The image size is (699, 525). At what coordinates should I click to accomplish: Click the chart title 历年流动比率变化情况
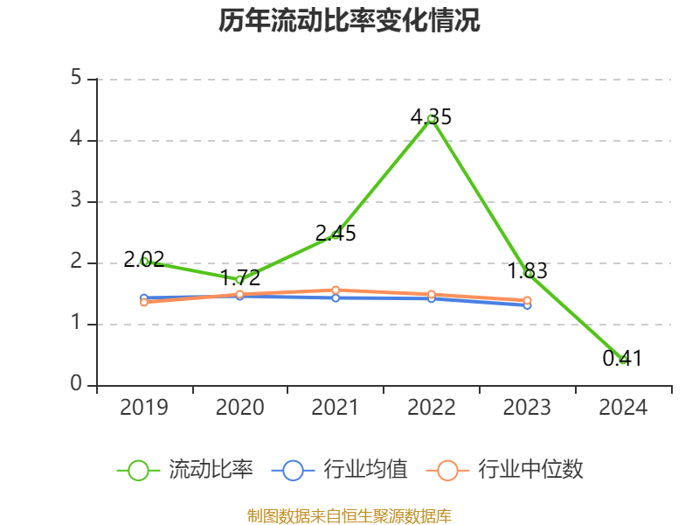(x=349, y=21)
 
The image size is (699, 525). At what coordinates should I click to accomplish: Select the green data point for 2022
(x=432, y=118)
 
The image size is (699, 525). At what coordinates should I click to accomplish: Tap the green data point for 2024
(x=623, y=360)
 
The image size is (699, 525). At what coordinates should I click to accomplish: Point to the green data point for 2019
(x=144, y=261)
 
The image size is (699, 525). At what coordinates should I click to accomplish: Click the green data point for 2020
(x=240, y=280)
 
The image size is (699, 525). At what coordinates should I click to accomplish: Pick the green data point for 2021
(x=336, y=234)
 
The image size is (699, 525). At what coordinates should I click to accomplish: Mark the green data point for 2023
(x=528, y=273)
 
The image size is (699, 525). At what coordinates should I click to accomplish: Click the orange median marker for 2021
(x=336, y=290)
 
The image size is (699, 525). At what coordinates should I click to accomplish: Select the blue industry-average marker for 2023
(x=528, y=305)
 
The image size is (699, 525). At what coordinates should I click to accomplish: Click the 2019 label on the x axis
(x=144, y=408)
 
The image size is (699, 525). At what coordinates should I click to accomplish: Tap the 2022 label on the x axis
(x=432, y=408)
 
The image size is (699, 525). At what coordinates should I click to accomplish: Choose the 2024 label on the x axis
(x=623, y=408)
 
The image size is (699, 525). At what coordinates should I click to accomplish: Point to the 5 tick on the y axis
(x=76, y=79)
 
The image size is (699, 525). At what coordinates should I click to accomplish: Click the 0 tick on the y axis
(x=76, y=385)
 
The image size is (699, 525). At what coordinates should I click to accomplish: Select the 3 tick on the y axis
(x=76, y=201)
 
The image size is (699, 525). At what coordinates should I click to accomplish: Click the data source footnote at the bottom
(x=349, y=515)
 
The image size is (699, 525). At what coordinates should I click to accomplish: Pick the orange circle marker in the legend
(x=447, y=471)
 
